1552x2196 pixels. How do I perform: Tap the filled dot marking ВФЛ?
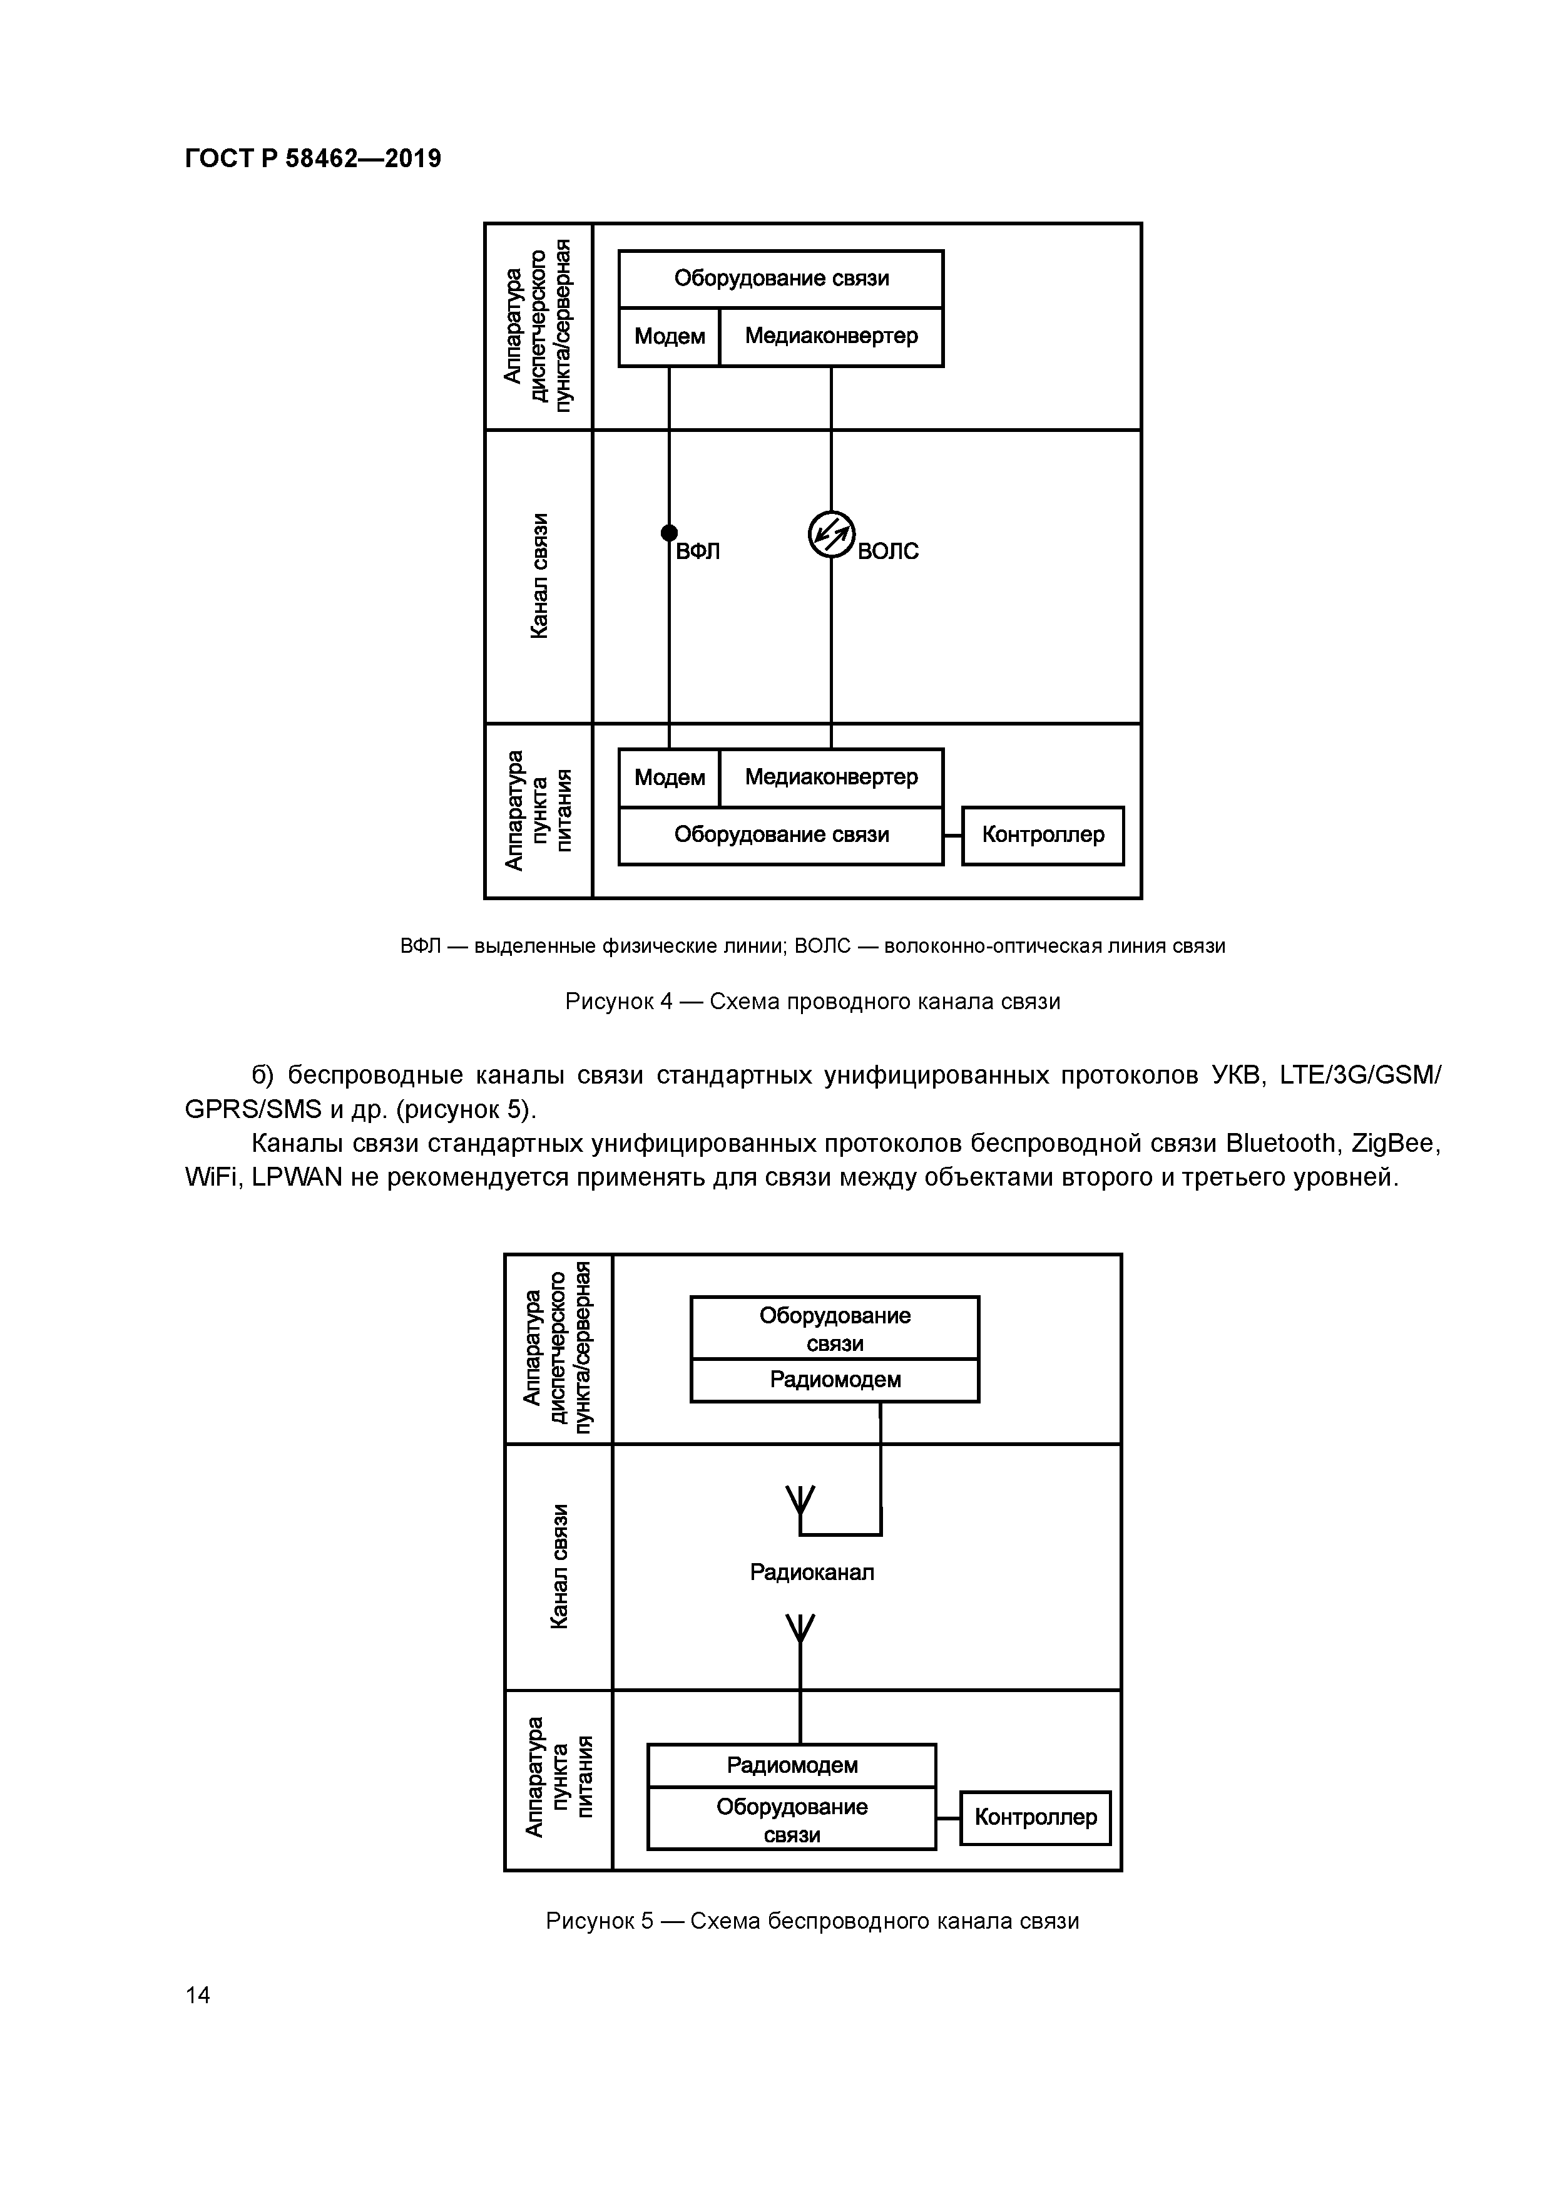click(670, 533)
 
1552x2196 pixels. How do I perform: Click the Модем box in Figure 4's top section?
click(670, 337)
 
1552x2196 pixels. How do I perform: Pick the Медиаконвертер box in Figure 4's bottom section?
click(831, 777)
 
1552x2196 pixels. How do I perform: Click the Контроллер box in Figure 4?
click(1043, 835)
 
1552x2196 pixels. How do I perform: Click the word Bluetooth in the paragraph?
click(1280, 1144)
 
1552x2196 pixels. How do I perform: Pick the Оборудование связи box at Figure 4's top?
click(781, 279)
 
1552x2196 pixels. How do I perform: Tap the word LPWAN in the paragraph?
click(297, 1178)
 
